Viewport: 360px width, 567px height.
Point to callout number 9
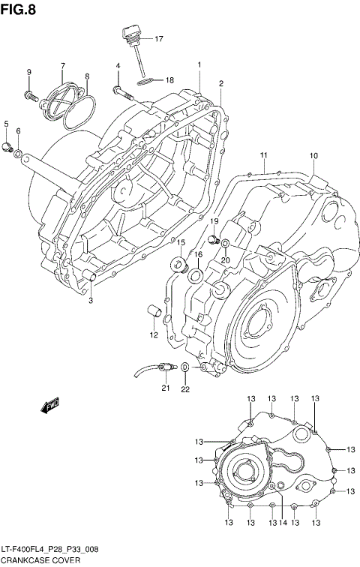[x=29, y=72]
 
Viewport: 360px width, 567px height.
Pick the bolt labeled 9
[x=31, y=95]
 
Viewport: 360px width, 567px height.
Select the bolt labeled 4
[x=121, y=92]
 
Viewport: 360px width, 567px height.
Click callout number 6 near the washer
[x=18, y=132]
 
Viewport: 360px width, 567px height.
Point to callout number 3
[x=90, y=301]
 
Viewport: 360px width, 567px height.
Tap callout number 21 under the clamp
[x=165, y=388]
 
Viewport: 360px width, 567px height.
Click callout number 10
[x=313, y=156]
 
